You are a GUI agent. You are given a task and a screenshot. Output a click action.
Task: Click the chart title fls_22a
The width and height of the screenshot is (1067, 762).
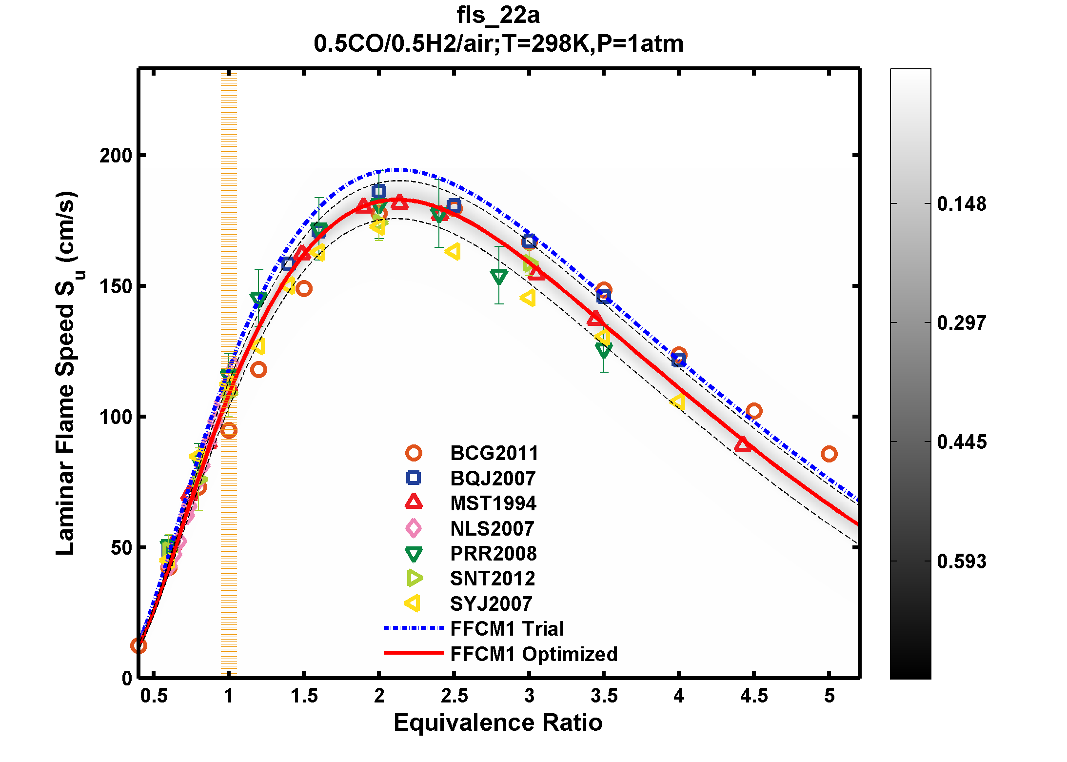[x=498, y=15]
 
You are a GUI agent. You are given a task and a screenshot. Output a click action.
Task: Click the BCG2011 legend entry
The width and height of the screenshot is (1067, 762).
[x=494, y=453]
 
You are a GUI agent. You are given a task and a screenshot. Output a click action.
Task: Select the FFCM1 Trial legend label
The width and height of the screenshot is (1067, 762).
[x=507, y=629]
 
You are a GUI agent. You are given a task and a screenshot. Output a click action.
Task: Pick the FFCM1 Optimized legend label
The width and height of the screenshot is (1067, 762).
[x=533, y=654]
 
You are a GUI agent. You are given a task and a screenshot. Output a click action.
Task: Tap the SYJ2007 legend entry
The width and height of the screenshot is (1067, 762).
[x=491, y=604]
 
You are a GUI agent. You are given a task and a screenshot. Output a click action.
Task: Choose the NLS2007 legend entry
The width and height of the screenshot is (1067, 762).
[x=492, y=529]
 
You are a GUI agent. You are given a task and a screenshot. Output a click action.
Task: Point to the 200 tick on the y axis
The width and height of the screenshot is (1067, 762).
[x=116, y=156]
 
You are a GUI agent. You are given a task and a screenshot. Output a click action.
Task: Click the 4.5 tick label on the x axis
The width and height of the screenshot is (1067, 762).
[x=754, y=696]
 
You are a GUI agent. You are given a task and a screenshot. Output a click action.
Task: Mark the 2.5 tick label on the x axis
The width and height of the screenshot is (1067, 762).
[x=454, y=696]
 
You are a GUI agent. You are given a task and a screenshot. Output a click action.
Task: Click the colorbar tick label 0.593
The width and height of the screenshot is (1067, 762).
[x=961, y=561]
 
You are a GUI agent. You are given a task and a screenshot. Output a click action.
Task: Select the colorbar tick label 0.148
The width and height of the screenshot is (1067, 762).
[x=961, y=204]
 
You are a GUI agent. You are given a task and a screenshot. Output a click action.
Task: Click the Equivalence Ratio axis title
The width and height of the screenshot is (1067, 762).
[x=498, y=722]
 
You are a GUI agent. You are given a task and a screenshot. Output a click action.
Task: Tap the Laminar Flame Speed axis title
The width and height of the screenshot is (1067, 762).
[x=65, y=373]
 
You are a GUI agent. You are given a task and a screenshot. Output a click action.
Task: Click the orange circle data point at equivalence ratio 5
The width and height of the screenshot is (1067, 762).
[x=829, y=454]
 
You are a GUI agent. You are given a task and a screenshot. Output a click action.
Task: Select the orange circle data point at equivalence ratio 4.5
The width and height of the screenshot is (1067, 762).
[x=754, y=411]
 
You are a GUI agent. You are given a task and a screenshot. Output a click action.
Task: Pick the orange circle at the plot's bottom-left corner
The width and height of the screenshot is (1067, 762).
[x=138, y=646]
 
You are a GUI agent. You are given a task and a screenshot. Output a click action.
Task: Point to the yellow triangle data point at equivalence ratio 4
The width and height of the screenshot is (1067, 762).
[x=678, y=401]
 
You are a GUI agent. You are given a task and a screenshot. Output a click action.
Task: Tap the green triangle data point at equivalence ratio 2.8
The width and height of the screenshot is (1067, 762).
[x=499, y=277]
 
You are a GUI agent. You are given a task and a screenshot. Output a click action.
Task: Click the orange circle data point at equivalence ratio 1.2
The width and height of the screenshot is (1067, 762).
[x=258, y=370]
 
